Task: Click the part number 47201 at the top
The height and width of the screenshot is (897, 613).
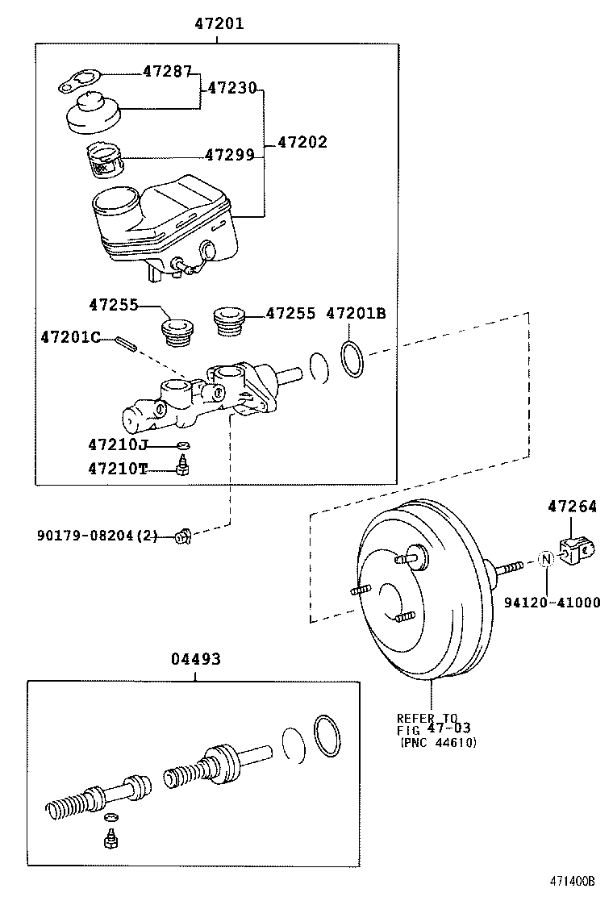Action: tap(219, 24)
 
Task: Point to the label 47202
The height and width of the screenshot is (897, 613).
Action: tap(302, 142)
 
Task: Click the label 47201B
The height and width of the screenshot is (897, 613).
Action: tap(356, 313)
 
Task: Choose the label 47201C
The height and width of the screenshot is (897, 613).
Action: tap(70, 337)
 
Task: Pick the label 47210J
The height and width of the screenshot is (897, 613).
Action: tap(118, 444)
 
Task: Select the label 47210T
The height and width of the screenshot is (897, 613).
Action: tap(118, 468)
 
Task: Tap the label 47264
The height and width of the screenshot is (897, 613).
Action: tap(573, 507)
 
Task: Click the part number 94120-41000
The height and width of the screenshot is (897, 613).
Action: tap(553, 602)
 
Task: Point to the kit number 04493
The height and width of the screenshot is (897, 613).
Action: tap(195, 659)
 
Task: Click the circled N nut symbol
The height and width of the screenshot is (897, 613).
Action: tap(545, 559)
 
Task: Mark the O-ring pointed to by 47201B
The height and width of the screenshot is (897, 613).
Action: tap(352, 359)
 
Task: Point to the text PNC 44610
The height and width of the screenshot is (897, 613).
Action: tap(438, 742)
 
